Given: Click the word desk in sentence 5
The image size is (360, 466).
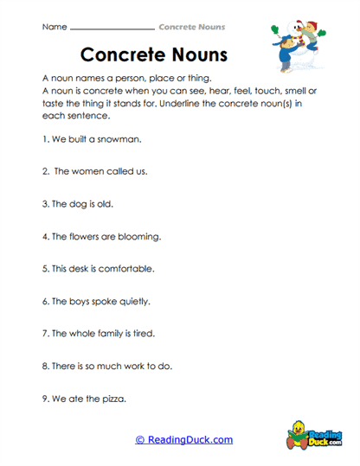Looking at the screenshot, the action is [85, 269].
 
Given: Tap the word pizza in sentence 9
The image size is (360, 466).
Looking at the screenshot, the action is [109, 399].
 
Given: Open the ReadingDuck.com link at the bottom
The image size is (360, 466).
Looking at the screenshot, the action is [183, 439].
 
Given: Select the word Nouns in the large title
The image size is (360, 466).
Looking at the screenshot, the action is [195, 54].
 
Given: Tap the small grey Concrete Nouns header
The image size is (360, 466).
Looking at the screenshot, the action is [187, 27].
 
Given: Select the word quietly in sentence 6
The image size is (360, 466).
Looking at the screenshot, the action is [133, 302].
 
